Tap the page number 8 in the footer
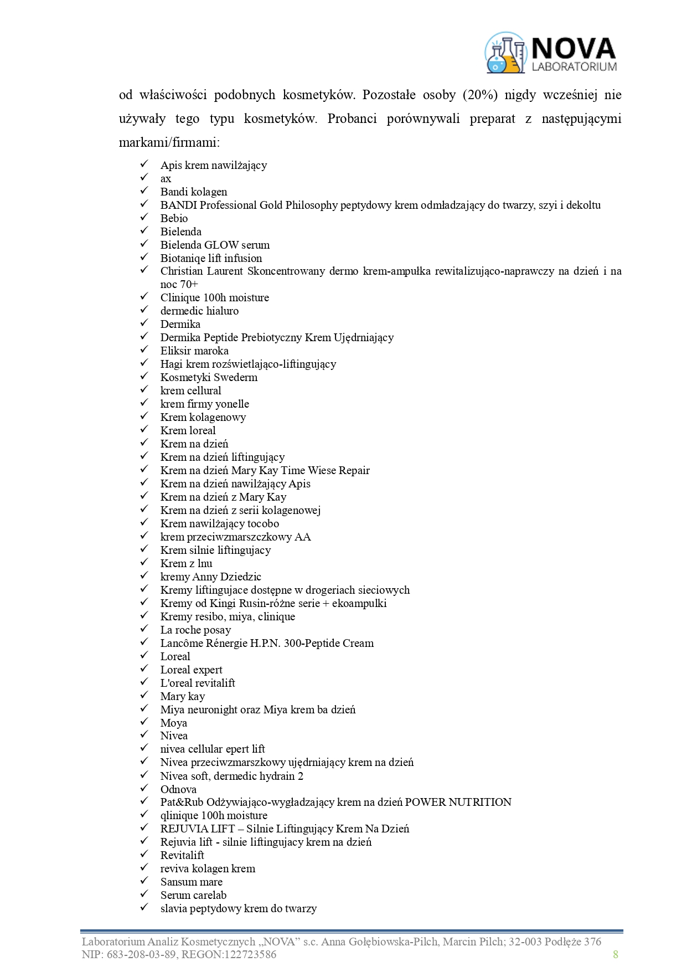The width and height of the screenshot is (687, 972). click(615, 954)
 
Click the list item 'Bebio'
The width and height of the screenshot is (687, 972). click(174, 218)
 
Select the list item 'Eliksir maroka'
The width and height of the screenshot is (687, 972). click(194, 351)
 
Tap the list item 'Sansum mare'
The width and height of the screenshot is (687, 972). click(191, 882)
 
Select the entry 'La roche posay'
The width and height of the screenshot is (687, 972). click(195, 630)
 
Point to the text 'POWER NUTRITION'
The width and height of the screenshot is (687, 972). click(458, 802)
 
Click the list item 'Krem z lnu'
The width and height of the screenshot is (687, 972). click(186, 563)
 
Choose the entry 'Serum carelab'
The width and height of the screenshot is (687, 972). click(193, 895)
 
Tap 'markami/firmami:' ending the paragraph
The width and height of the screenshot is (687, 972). click(169, 142)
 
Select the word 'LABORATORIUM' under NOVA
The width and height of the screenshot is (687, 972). click(574, 66)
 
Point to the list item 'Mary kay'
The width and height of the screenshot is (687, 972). click(183, 696)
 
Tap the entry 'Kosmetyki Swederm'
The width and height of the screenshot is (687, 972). click(209, 377)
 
